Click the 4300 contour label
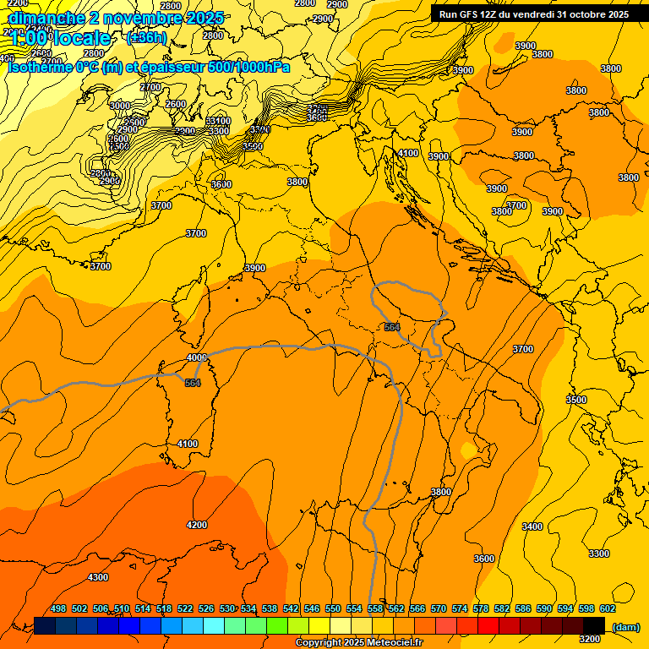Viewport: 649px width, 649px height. (98, 577)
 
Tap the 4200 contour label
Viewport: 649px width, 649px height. (196, 525)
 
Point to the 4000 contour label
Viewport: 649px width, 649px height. (196, 357)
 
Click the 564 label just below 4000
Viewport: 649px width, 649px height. (193, 383)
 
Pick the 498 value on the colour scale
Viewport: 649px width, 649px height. (58, 608)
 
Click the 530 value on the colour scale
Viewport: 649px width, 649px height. (227, 608)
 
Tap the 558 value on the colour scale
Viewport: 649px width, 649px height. (375, 608)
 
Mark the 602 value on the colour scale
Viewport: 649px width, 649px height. (608, 608)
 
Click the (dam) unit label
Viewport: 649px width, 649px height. (624, 626)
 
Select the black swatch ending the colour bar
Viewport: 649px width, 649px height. (594, 625)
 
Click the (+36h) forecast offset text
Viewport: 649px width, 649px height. (146, 38)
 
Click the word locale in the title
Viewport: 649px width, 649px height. (81, 38)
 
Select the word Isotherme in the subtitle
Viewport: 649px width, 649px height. (41, 67)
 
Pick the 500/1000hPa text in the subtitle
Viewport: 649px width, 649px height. (245, 67)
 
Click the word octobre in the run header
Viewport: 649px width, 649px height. (579, 14)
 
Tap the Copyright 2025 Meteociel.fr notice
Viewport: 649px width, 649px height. (359, 642)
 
